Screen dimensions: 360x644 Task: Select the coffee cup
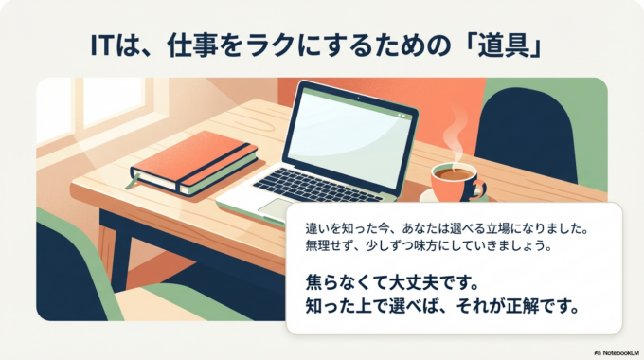(455, 179)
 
